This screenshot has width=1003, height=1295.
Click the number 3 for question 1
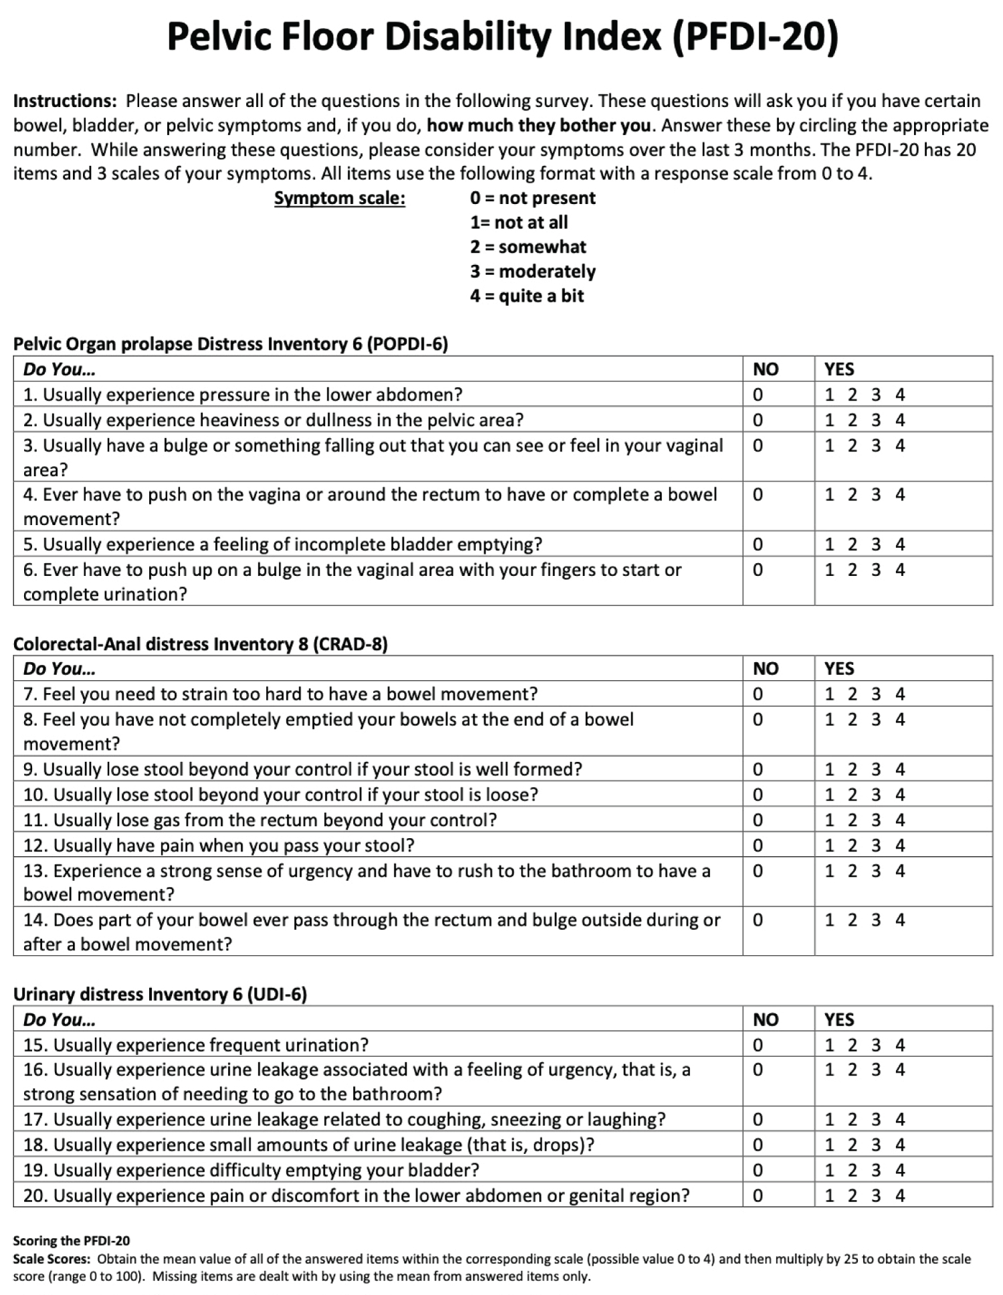click(x=876, y=395)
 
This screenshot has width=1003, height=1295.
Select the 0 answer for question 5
click(x=758, y=544)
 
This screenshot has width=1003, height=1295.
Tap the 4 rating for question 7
click(x=900, y=694)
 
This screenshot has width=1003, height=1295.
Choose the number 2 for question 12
click(x=852, y=845)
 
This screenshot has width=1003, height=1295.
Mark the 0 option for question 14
click(x=758, y=920)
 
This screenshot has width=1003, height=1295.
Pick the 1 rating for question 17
click(x=829, y=1119)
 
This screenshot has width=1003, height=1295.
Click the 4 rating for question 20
click(x=900, y=1195)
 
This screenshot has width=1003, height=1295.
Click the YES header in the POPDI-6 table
click(x=839, y=369)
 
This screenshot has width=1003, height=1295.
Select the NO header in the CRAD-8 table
click(x=766, y=669)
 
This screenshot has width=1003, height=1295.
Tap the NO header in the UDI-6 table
click(x=766, y=1019)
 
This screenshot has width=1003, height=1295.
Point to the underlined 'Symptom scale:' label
click(x=340, y=199)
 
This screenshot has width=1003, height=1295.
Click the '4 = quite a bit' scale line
click(x=527, y=296)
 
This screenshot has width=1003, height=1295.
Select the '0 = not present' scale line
click(x=532, y=198)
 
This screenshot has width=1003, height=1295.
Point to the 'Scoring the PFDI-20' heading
click(x=72, y=1241)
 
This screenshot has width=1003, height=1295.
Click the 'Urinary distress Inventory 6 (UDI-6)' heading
click(x=160, y=994)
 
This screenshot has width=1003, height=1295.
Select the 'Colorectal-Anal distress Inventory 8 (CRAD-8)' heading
click(x=201, y=644)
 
